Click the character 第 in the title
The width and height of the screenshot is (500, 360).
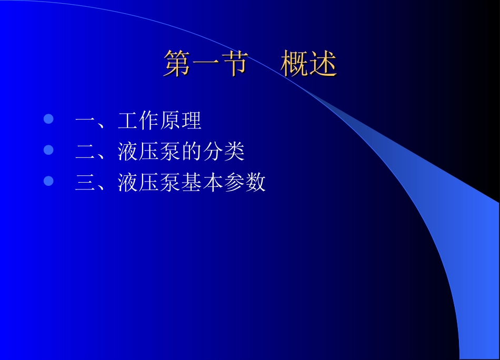click(x=177, y=64)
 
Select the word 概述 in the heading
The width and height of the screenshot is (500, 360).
click(x=308, y=64)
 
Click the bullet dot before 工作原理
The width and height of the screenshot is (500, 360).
click(x=48, y=119)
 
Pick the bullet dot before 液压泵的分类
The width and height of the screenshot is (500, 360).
click(x=48, y=151)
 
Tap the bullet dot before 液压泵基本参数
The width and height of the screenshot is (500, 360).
click(x=48, y=181)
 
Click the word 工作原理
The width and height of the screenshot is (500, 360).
click(x=160, y=121)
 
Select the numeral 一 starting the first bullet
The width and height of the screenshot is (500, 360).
click(x=85, y=121)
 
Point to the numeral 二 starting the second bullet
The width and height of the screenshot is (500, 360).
click(x=85, y=152)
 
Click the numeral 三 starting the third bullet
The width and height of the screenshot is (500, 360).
click(x=85, y=183)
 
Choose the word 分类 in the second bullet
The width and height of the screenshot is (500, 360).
click(x=224, y=152)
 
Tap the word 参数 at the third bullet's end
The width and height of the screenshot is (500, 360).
click(x=245, y=183)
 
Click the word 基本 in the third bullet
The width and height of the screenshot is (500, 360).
click(x=202, y=183)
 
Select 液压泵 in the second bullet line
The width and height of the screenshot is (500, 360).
click(x=149, y=152)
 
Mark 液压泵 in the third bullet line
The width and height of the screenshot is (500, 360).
click(x=149, y=183)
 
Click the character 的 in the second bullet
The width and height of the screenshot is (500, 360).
click(x=192, y=152)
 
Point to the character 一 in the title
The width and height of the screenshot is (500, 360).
click(x=205, y=64)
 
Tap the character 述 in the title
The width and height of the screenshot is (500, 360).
click(x=323, y=64)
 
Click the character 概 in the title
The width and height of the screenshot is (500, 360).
click(x=294, y=64)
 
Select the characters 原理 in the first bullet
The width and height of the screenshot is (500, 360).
click(x=181, y=121)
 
